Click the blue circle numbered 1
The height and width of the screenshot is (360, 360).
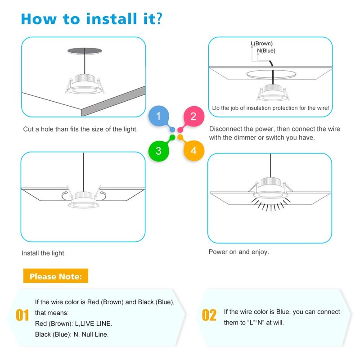pyautogui.click(x=158, y=117)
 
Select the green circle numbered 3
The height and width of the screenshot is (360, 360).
pyautogui.click(x=158, y=151)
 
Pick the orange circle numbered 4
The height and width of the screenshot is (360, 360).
pyautogui.click(x=193, y=151)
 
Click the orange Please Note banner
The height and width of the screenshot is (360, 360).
pyautogui.click(x=56, y=276)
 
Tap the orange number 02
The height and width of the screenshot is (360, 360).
pyautogui.click(x=209, y=315)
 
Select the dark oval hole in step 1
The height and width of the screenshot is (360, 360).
pyautogui.click(x=84, y=50)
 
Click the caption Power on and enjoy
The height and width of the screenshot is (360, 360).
pyautogui.click(x=239, y=252)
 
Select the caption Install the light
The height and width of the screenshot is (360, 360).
pyautogui.click(x=44, y=253)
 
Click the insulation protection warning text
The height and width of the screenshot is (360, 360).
pyautogui.click(x=271, y=108)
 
